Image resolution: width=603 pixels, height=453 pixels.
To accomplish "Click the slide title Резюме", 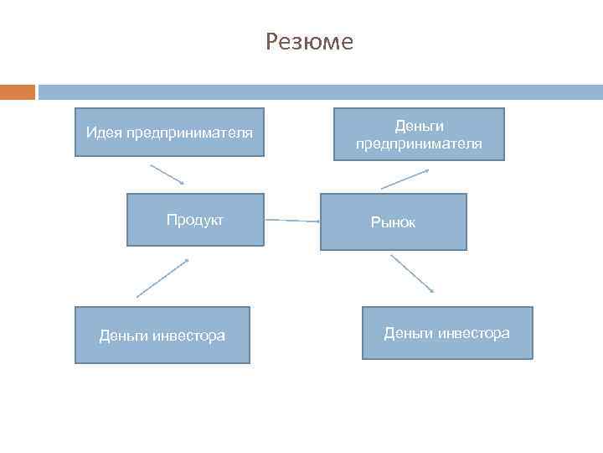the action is coord(309,41).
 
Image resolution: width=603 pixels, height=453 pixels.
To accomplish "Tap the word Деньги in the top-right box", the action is coord(419,126).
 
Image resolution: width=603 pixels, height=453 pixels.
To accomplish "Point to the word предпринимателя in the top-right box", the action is coord(419,143).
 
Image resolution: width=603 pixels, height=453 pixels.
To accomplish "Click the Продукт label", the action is coord(195,220).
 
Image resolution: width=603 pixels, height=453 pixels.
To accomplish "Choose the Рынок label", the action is coord(394,222).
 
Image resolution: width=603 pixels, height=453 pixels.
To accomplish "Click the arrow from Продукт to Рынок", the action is coord(292,221).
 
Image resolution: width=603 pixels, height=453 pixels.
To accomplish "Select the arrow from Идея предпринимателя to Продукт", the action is coord(167,174).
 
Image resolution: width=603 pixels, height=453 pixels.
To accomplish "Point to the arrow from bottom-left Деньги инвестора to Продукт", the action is coord(162,278).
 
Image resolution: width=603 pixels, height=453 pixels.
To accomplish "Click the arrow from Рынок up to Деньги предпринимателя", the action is coord(405,179).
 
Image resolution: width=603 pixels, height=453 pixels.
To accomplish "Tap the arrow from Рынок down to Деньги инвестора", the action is coord(412,273).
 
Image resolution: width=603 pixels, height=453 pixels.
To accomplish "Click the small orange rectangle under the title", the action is coord(18,91).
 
